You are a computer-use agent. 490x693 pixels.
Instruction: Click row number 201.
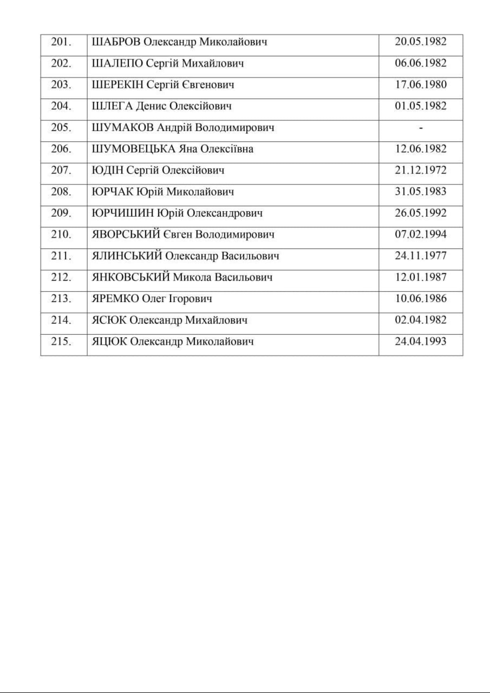tap(61, 42)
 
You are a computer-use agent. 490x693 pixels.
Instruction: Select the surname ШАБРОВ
tap(116, 42)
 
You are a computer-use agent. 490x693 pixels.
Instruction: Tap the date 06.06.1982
tap(421, 63)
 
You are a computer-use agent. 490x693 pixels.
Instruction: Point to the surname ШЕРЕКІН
tap(118, 85)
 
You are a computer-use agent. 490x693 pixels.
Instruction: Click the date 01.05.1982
tap(421, 106)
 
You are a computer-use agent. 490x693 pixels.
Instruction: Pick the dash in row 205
tap(421, 128)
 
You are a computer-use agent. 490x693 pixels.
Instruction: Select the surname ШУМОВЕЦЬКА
tap(134, 149)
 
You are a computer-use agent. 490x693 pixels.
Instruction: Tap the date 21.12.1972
tap(421, 170)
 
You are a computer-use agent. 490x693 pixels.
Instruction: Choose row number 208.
tap(61, 192)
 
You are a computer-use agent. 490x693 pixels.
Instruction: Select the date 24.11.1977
tap(421, 256)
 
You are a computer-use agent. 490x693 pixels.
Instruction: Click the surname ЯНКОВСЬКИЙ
tap(131, 277)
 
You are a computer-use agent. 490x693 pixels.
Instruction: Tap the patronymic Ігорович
tap(190, 299)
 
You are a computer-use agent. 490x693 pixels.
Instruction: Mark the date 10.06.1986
tap(421, 299)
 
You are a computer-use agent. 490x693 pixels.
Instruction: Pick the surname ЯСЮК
tap(109, 320)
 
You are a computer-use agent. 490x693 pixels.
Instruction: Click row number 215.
tap(61, 341)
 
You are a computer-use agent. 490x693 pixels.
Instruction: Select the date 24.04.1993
tap(421, 341)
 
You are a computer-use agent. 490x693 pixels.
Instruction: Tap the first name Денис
tap(151, 106)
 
